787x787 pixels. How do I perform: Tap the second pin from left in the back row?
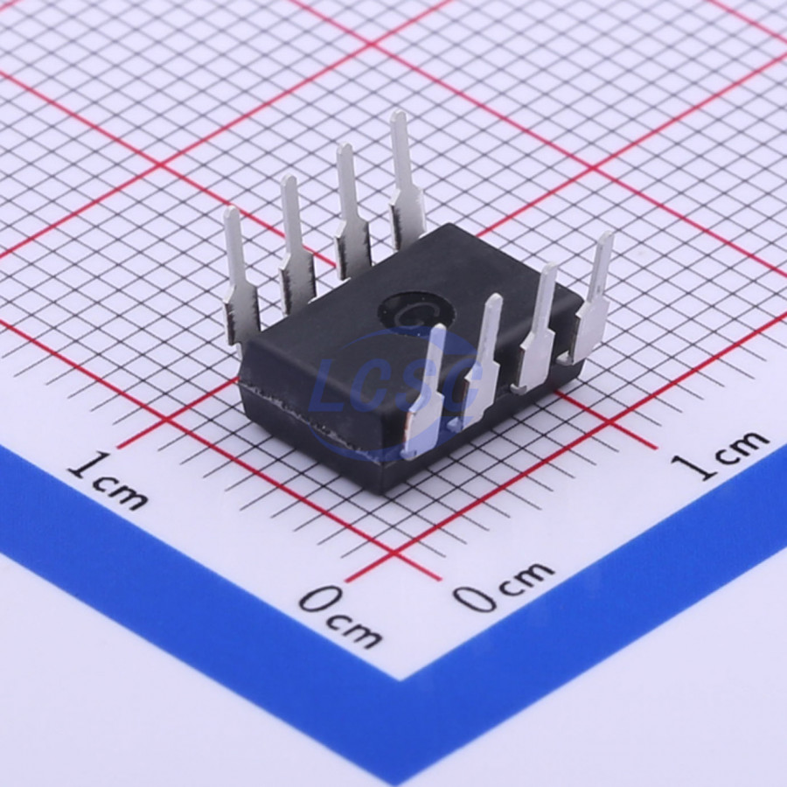tap(296, 245)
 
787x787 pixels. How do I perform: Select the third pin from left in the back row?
tap(352, 212)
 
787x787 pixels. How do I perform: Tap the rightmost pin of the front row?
tap(591, 296)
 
